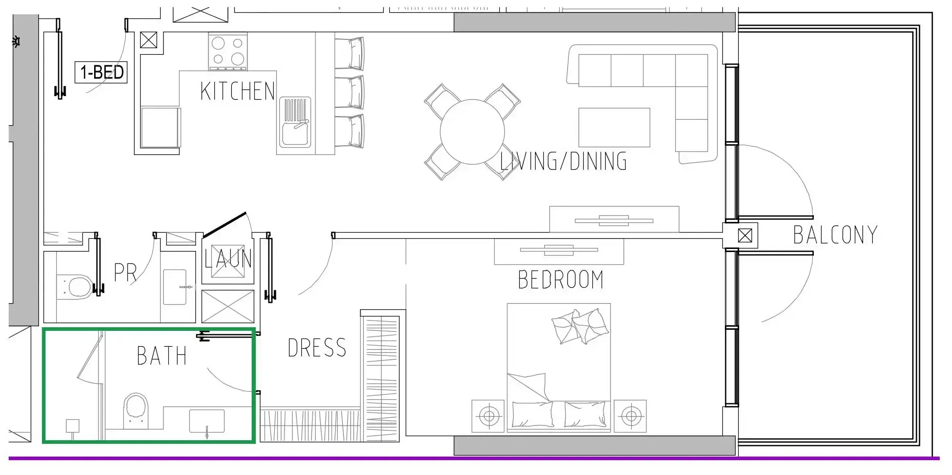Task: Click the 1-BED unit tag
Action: (x=101, y=72)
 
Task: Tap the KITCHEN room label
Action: (x=237, y=92)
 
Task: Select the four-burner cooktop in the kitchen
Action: (x=228, y=52)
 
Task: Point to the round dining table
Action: (x=472, y=132)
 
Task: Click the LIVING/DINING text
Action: (x=563, y=161)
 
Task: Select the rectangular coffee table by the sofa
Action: (x=614, y=127)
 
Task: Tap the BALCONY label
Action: (x=835, y=235)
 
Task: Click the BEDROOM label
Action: (x=561, y=280)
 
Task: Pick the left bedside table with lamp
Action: (x=488, y=416)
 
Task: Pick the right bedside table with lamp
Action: (x=630, y=416)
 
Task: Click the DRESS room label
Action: (x=317, y=348)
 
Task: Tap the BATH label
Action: (x=162, y=356)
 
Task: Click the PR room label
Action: (x=125, y=273)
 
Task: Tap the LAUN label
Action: (x=228, y=259)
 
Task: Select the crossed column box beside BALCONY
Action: (x=745, y=236)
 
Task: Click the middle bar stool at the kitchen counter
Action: (x=350, y=92)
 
